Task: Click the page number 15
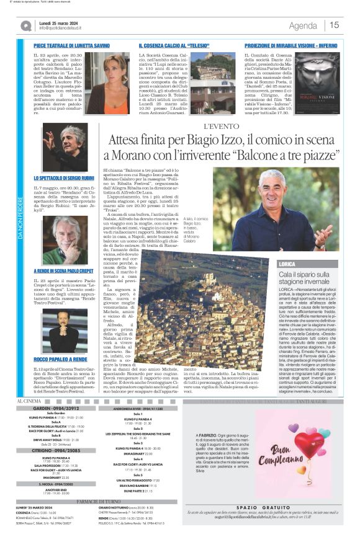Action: click(x=335, y=25)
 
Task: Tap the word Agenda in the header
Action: click(x=303, y=25)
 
